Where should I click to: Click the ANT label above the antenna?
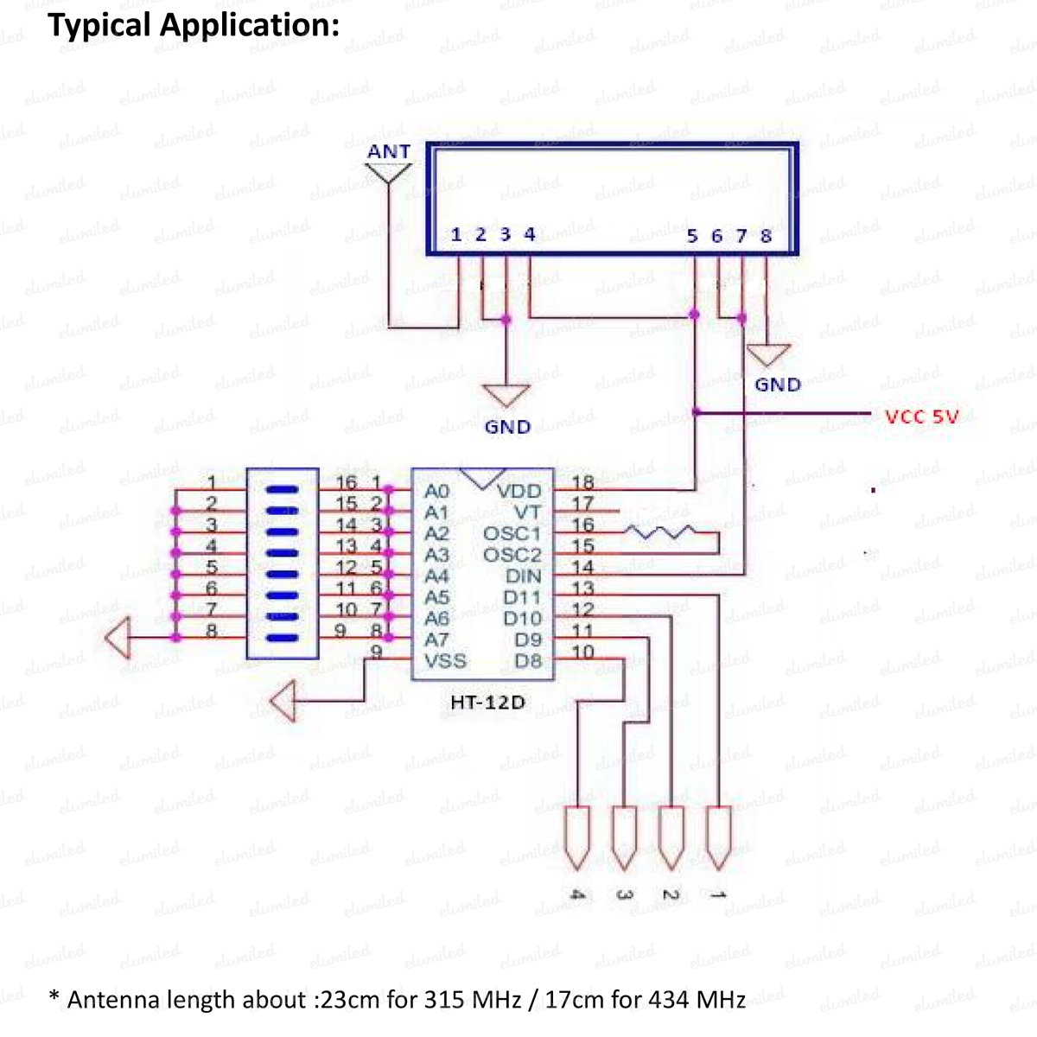coord(388,152)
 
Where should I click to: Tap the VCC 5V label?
coord(922,417)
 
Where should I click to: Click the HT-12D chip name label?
coord(487,702)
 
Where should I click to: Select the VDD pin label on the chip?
coord(518,492)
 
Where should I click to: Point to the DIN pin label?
coord(523,576)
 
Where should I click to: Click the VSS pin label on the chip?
coord(445,661)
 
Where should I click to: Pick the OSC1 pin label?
coord(512,534)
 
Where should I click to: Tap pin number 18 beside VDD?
coord(583,483)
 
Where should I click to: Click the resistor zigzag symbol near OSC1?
coord(661,531)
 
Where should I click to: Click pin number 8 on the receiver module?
coord(766,235)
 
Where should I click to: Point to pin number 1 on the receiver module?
coord(456,234)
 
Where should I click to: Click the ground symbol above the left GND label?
coord(506,395)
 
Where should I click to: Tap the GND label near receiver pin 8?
coord(778,385)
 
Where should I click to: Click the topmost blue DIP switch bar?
coord(282,490)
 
